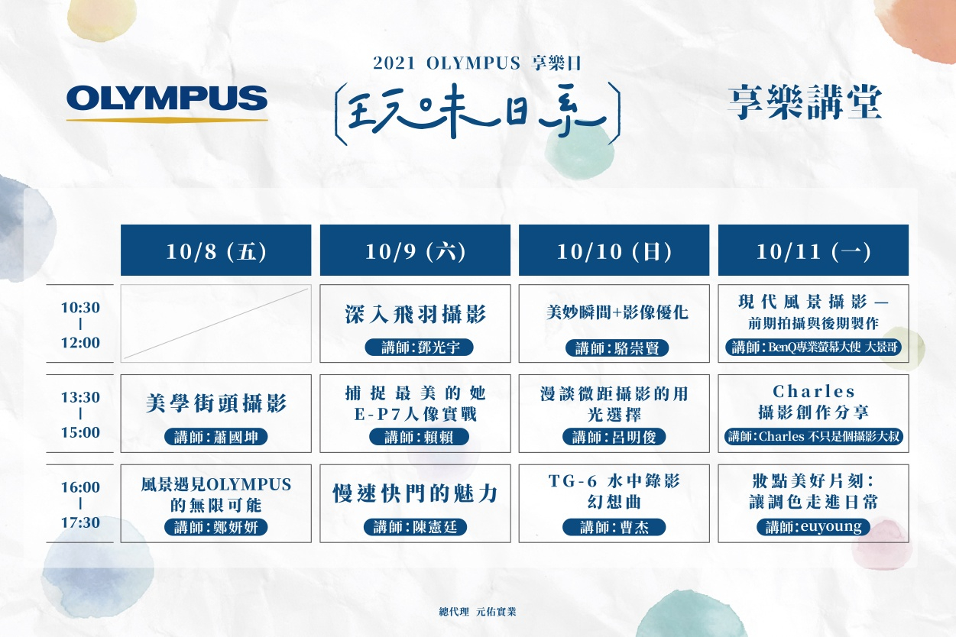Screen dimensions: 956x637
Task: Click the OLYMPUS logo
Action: pos(167,104)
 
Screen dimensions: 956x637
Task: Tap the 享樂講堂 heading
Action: pos(805,102)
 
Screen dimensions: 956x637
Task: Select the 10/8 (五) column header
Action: pos(216,250)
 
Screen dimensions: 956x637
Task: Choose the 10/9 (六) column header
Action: pos(415,250)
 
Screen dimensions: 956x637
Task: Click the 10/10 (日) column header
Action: pos(614,250)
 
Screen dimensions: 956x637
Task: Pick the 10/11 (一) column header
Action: pos(813,250)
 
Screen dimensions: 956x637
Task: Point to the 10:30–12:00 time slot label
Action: pos(80,325)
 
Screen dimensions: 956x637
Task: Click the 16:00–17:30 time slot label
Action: pos(80,504)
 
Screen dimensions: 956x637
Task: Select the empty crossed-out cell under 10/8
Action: pos(216,323)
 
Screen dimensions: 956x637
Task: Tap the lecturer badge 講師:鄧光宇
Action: pos(419,348)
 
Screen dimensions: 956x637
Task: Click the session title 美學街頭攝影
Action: pos(216,403)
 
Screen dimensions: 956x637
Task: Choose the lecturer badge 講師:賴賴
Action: pos(419,437)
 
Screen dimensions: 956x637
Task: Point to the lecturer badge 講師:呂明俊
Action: pos(614,437)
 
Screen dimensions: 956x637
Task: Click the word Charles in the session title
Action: pos(813,391)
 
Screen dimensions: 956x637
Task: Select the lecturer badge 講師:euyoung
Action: pos(813,527)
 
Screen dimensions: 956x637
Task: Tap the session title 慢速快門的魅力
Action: pos(415,494)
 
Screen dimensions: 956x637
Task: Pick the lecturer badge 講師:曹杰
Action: pos(614,527)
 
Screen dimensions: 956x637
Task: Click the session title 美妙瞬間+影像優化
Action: pos(617,312)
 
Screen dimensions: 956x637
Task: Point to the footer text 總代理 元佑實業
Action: pos(478,612)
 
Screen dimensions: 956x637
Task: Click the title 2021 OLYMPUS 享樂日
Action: pos(477,63)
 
